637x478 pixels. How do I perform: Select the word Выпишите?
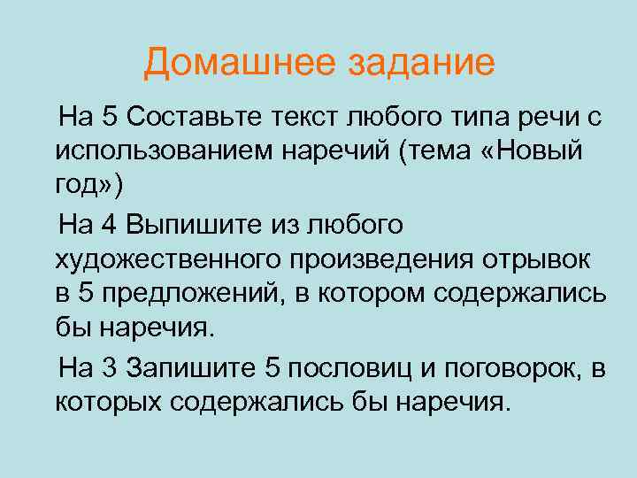click(x=181, y=224)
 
